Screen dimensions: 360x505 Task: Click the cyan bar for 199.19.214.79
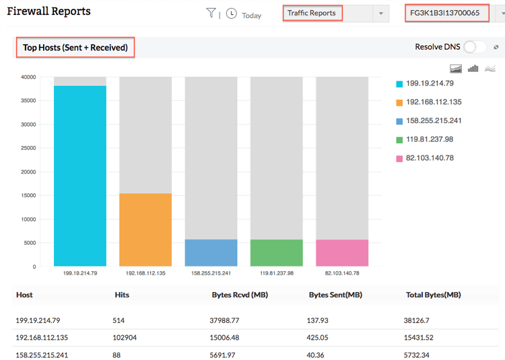pos(80,176)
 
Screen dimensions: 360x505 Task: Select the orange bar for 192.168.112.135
pos(145,229)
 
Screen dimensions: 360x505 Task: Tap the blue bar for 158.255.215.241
pos(211,252)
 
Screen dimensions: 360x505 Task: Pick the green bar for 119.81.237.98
pos(276,252)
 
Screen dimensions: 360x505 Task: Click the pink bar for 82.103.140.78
pos(342,252)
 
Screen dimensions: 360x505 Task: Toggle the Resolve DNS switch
pos(474,47)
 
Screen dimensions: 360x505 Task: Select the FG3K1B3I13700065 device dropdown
pos(447,13)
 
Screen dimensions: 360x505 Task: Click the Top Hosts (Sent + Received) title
pos(75,47)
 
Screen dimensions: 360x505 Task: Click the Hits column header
pos(123,295)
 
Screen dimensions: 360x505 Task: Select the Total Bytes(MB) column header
pos(433,295)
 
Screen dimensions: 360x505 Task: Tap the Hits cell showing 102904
pos(125,338)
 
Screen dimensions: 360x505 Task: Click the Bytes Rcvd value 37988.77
pos(225,320)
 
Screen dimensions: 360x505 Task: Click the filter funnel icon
pos(211,13)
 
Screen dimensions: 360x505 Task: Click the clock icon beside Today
pos(232,13)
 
